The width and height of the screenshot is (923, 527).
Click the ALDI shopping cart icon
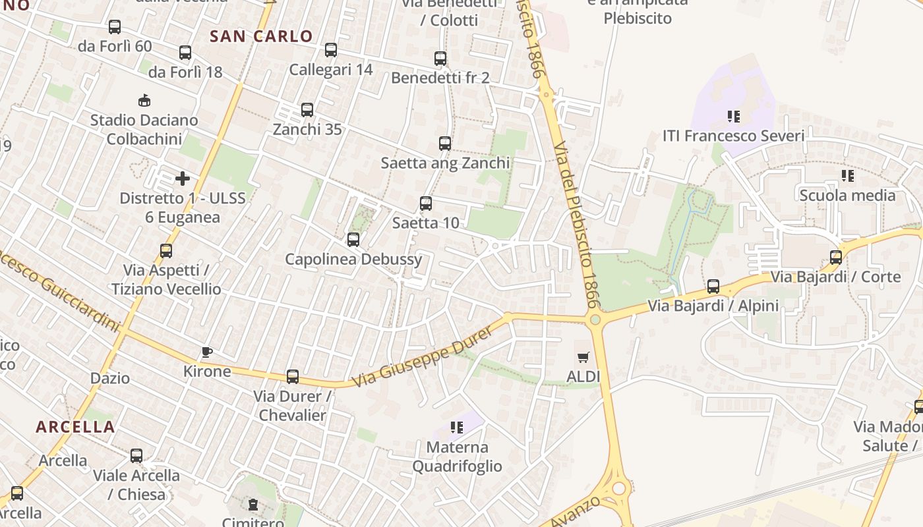click(x=583, y=358)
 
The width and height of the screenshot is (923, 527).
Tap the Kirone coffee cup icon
click(x=207, y=352)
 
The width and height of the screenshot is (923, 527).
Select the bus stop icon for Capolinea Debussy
click(x=353, y=240)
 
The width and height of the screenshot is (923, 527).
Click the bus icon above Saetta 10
click(x=426, y=204)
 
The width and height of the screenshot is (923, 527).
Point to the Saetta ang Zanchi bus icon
click(x=445, y=144)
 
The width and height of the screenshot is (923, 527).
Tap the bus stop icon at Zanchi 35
click(x=307, y=110)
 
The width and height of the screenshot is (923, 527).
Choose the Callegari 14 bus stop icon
click(x=331, y=50)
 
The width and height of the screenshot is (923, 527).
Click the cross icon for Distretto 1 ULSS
click(x=183, y=179)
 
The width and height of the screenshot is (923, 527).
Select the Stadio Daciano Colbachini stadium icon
click(x=144, y=101)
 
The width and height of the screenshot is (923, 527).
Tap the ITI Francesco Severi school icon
click(x=734, y=117)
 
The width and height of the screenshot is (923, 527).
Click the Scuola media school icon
click(x=848, y=176)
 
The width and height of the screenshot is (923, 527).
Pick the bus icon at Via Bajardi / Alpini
click(x=713, y=287)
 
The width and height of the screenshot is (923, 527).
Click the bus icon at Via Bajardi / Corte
click(x=836, y=258)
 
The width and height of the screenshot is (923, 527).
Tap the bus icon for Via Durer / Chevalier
click(x=293, y=377)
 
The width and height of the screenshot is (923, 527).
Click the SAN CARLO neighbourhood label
click(x=261, y=36)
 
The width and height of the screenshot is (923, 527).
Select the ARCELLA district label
click(x=75, y=427)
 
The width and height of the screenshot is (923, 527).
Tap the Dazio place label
click(x=110, y=379)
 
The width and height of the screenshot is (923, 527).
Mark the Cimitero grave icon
click(x=253, y=505)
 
